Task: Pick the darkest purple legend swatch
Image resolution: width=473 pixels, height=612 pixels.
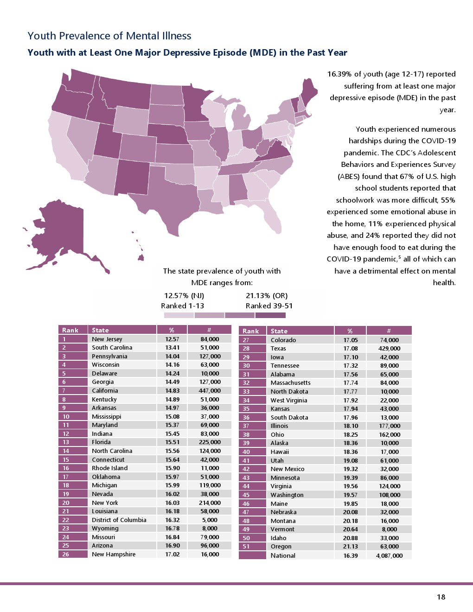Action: click(x=270, y=315)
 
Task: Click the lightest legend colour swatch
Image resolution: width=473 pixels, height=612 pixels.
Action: click(x=179, y=315)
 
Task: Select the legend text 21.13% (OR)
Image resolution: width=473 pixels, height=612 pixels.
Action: click(x=267, y=296)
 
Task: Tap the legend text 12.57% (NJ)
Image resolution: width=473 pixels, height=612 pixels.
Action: click(x=184, y=296)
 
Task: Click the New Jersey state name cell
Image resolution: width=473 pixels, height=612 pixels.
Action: click(x=107, y=339)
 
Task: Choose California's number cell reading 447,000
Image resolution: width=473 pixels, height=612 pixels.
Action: click(x=210, y=390)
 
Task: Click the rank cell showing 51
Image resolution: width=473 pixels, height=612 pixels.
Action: click(x=246, y=546)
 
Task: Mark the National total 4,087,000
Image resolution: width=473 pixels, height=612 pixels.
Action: click(x=389, y=555)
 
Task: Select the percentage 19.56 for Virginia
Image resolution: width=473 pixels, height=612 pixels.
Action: click(x=350, y=486)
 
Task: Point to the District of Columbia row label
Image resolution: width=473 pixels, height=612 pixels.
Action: click(x=119, y=520)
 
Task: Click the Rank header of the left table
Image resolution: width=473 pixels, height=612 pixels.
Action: click(x=70, y=330)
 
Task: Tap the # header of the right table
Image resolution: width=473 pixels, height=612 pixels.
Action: click(x=389, y=331)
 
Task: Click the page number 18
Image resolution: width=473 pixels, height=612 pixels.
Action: click(x=441, y=597)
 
